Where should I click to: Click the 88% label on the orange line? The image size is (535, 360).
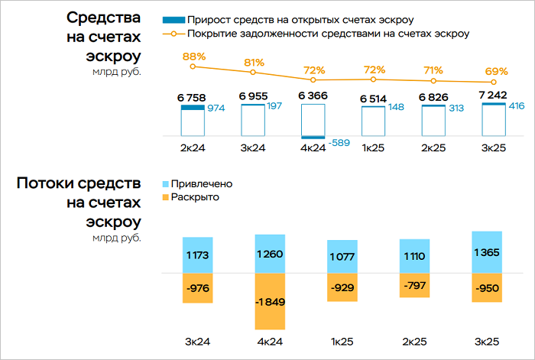[x=194, y=57]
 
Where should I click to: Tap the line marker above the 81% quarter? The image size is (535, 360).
[x=253, y=72]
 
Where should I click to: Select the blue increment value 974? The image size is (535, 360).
[x=217, y=109]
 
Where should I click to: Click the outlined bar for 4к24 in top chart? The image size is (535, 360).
[x=313, y=122]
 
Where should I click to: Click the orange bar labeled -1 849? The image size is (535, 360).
[x=270, y=301]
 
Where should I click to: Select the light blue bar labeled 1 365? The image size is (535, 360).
[x=488, y=252]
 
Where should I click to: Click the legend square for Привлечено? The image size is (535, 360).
[x=165, y=184]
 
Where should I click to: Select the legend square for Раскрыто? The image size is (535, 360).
[x=165, y=197]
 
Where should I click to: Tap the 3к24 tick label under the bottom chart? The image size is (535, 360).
[x=197, y=342]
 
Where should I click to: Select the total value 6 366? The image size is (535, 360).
[x=313, y=96]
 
